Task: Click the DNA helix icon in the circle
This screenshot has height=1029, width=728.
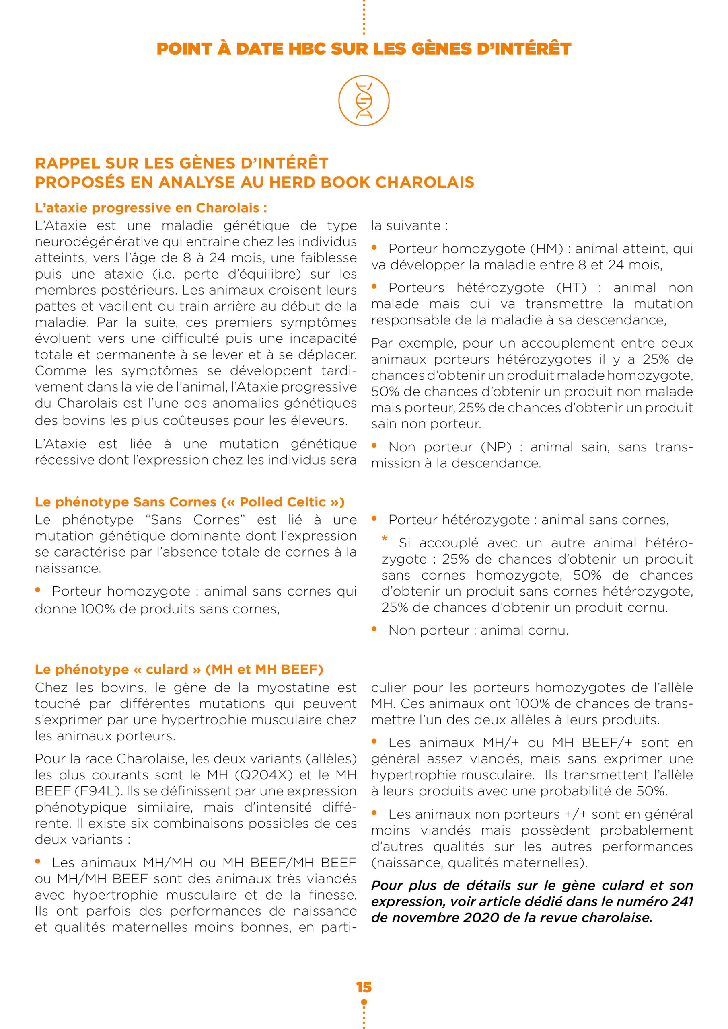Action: coord(364,100)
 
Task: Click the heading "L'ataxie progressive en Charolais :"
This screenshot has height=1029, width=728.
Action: coord(151,208)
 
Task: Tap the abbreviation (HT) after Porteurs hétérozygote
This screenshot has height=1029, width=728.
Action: coord(571,288)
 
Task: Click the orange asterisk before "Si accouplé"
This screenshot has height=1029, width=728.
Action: coord(385,539)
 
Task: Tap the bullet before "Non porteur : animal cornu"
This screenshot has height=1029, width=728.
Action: coord(374,629)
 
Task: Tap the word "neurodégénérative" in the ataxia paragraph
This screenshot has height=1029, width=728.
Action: coord(97,242)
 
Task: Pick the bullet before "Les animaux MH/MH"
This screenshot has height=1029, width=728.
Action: coord(38,861)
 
